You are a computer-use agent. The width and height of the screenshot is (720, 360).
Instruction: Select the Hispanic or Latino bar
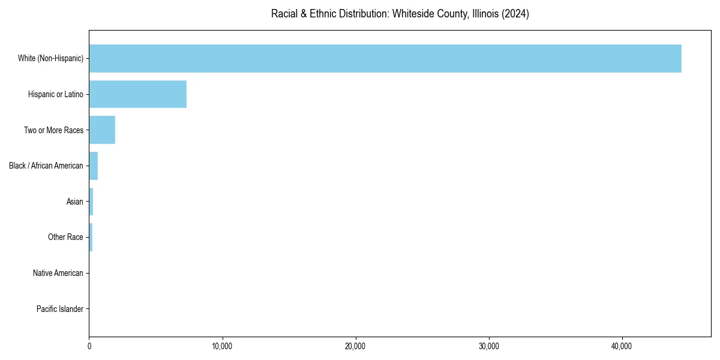(x=138, y=94)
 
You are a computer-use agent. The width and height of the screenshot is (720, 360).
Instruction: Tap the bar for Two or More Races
(x=102, y=130)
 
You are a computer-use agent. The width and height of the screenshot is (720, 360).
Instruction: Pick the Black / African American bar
(x=94, y=166)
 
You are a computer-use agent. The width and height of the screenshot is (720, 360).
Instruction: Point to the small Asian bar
(x=91, y=202)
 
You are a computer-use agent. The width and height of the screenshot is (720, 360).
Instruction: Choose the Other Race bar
(x=91, y=237)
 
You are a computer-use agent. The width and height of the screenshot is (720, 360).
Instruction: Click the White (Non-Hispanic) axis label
(x=50, y=58)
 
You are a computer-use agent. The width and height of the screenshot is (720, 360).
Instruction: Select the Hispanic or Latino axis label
(x=56, y=94)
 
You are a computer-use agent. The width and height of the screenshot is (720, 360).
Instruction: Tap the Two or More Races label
(x=53, y=130)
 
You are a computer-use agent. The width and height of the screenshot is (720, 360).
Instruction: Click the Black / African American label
(x=46, y=166)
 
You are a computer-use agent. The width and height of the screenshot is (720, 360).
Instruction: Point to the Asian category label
(x=75, y=202)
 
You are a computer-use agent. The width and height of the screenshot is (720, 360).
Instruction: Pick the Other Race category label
(x=65, y=237)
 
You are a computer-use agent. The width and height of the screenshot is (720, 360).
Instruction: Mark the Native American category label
(x=58, y=273)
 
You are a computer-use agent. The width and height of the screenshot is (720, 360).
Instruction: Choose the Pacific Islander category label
(x=60, y=309)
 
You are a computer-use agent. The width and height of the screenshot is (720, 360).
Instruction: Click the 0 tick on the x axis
(x=89, y=346)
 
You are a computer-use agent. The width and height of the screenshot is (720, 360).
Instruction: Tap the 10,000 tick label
(x=223, y=346)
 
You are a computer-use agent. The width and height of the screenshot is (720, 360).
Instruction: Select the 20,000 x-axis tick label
(x=356, y=346)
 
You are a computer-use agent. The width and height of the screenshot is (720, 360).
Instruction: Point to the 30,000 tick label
(x=489, y=346)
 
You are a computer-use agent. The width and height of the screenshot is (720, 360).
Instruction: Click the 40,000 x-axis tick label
(x=622, y=346)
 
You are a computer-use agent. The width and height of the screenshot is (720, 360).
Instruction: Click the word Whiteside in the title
(x=411, y=14)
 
